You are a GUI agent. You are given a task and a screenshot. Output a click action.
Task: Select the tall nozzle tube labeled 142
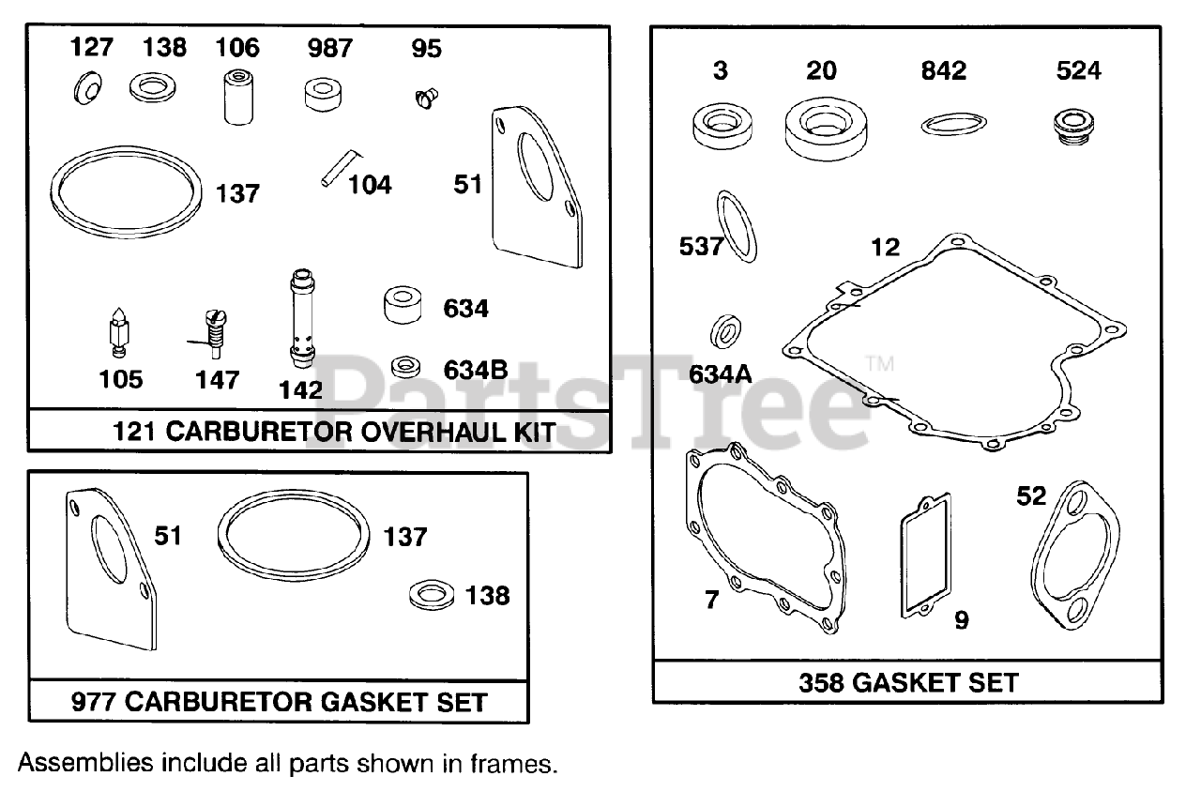tap(301, 320)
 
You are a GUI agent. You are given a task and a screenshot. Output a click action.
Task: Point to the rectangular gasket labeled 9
tap(926, 556)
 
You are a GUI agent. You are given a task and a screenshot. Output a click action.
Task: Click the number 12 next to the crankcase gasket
tap(885, 248)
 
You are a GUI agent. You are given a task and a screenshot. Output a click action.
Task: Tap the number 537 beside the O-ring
tap(701, 247)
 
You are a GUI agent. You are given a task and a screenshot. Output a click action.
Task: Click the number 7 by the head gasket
tap(710, 600)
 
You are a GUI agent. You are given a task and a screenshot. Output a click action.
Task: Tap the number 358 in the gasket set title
tap(822, 682)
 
